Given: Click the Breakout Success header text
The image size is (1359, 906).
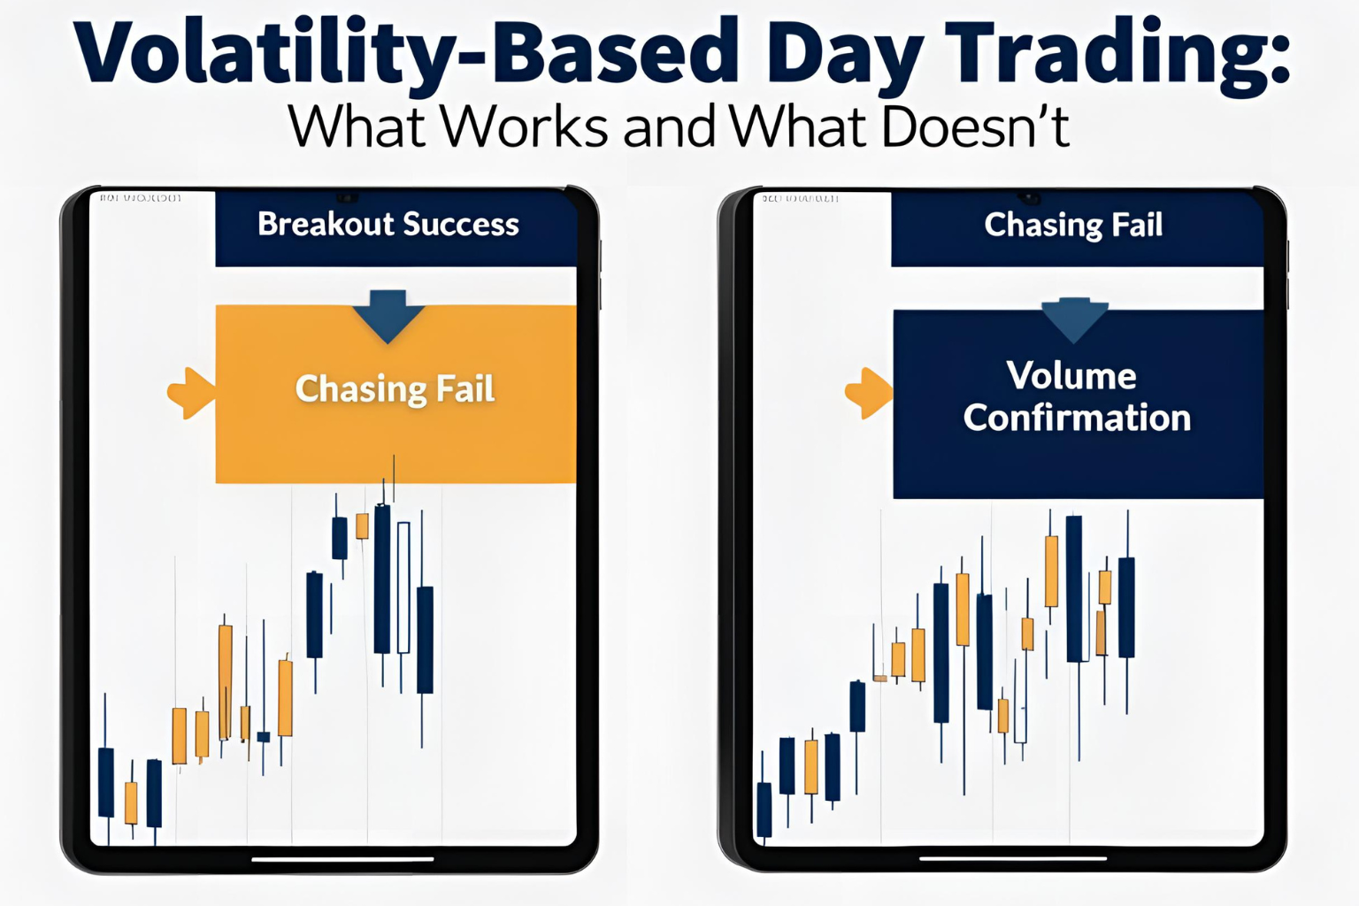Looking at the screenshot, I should point(388,225).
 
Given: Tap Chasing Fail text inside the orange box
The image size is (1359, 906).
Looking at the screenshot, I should point(395,389).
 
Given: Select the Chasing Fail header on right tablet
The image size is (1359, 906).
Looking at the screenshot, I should point(1073,226).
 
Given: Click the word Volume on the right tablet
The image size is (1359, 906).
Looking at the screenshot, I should point(1071,376).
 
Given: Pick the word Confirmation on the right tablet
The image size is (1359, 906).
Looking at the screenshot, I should point(1077,418).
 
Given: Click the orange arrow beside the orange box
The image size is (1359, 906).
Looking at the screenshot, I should point(191,392).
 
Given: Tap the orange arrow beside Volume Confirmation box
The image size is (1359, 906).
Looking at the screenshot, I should point(870,392).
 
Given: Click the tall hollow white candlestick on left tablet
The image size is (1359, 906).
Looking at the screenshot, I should point(403,587).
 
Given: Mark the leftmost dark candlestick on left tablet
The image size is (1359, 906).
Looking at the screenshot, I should point(106,782).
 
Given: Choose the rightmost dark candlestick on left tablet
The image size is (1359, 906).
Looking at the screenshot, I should point(425,639).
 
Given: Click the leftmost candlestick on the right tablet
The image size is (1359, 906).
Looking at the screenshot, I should point(764,808).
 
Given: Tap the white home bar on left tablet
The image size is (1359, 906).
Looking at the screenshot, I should point(342,858).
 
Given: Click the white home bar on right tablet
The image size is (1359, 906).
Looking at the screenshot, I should point(1013,857).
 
